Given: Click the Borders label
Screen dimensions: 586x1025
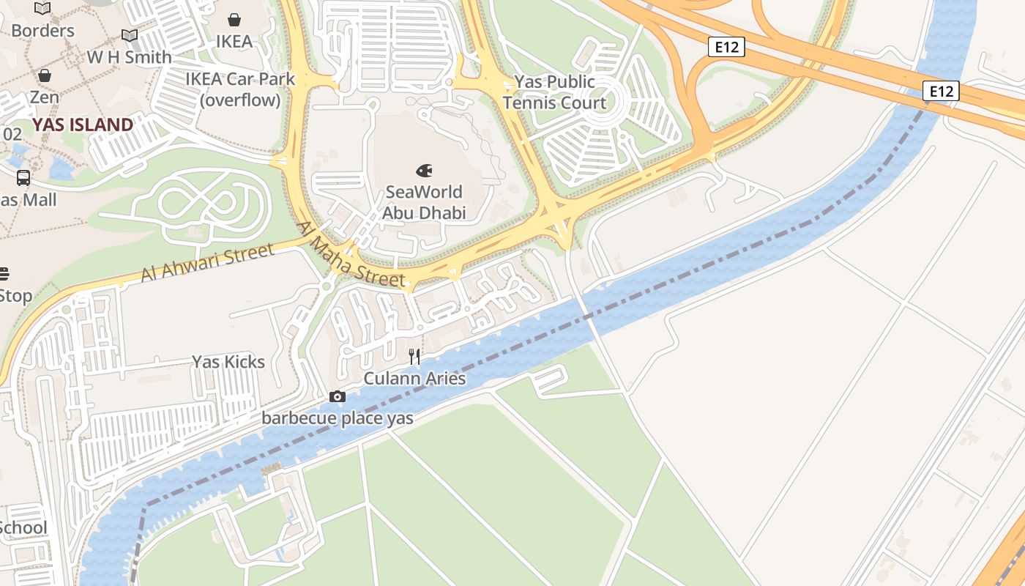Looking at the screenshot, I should pyautogui.click(x=42, y=31).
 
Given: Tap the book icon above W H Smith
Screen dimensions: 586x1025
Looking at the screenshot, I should pyautogui.click(x=130, y=35).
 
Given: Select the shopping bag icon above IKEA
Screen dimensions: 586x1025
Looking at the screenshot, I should pyautogui.click(x=234, y=20).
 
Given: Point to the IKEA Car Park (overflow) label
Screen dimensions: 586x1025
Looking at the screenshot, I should pyautogui.click(x=240, y=89).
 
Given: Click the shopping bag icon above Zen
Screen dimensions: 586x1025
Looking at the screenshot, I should pyautogui.click(x=45, y=75).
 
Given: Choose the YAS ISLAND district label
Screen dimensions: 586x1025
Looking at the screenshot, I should pyautogui.click(x=83, y=125).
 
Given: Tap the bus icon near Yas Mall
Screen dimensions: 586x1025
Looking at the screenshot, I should pyautogui.click(x=23, y=178).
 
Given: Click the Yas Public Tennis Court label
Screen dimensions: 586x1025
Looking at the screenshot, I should pyautogui.click(x=554, y=92).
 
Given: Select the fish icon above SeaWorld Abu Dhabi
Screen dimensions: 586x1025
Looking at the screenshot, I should pyautogui.click(x=424, y=171).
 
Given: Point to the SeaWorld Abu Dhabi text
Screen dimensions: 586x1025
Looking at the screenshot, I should pyautogui.click(x=424, y=202).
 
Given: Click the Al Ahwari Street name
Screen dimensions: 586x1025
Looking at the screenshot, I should pyautogui.click(x=207, y=263).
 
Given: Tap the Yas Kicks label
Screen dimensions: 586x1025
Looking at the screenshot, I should pyautogui.click(x=228, y=362).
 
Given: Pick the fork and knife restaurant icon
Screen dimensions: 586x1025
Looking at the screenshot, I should pyautogui.click(x=414, y=357).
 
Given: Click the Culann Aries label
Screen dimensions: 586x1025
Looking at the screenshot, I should pyautogui.click(x=414, y=379).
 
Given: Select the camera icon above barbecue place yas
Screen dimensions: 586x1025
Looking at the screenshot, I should pyautogui.click(x=337, y=397).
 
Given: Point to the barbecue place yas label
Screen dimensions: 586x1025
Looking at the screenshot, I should pyautogui.click(x=338, y=418).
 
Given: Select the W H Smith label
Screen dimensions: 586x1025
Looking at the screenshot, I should pyautogui.click(x=130, y=57).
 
